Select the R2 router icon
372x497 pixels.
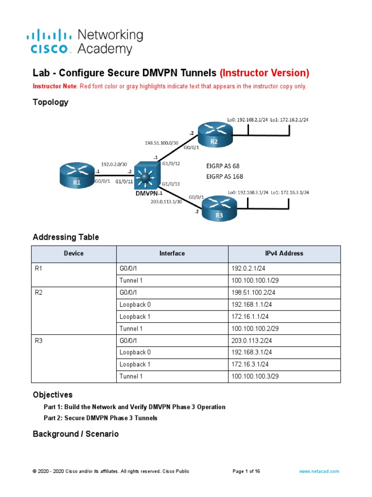pyautogui.click(x=214, y=133)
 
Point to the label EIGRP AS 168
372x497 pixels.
pyautogui.click(x=225, y=177)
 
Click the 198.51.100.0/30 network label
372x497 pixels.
pyautogui.click(x=162, y=143)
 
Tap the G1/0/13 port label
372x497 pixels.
pyautogui.click(x=170, y=184)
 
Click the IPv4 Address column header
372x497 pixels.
pyautogui.click(x=284, y=253)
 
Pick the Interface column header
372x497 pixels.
pyautogui.click(x=172, y=253)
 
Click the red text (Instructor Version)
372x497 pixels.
pyautogui.click(x=264, y=73)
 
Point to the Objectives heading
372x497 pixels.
pyautogui.click(x=52, y=395)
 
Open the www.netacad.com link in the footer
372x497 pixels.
pyautogui.click(x=319, y=471)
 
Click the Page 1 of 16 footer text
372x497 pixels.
pyautogui.click(x=246, y=471)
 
